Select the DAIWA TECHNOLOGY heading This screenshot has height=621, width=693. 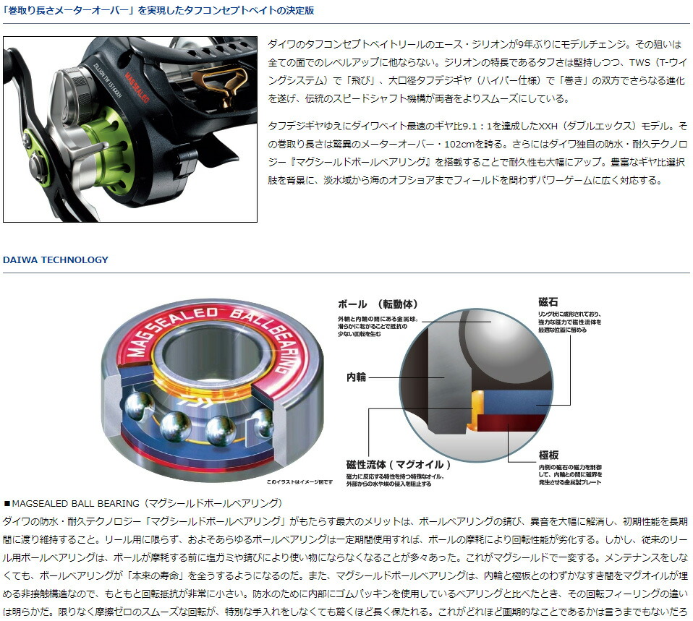tap(56, 260)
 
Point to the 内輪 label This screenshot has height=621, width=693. tap(357, 377)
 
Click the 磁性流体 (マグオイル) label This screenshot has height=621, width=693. tap(399, 464)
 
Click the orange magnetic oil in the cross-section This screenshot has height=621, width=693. tap(477, 408)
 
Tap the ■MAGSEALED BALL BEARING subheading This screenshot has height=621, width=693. tap(143, 502)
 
